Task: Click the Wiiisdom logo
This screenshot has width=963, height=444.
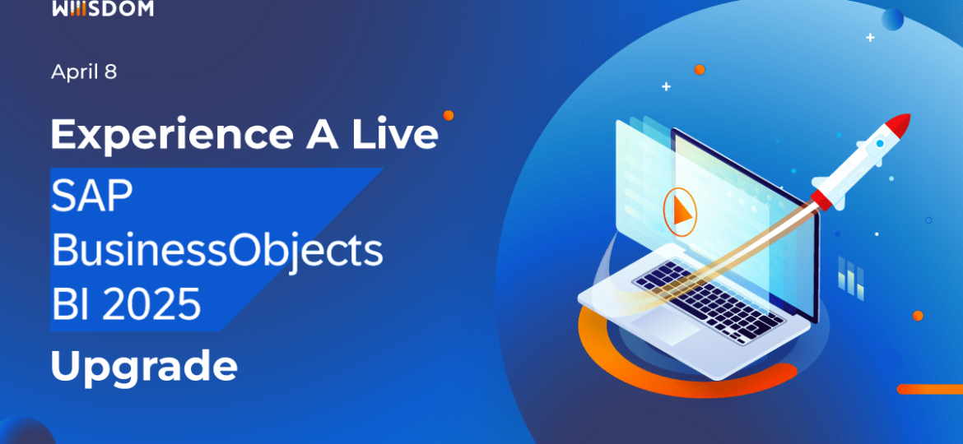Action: pos(102,8)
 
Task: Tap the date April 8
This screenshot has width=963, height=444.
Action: pos(84,72)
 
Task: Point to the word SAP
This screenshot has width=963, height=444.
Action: pos(92,197)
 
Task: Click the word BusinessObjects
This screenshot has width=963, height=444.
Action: pos(217,251)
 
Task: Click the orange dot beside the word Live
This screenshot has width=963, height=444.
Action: pos(449,115)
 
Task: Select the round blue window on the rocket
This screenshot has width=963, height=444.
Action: pos(879,144)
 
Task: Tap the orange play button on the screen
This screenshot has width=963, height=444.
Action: pos(679,211)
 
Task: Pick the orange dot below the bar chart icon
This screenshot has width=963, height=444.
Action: pos(918,315)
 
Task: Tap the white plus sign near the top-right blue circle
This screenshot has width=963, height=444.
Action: pos(870,37)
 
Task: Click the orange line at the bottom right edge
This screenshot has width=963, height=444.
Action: pos(930,389)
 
